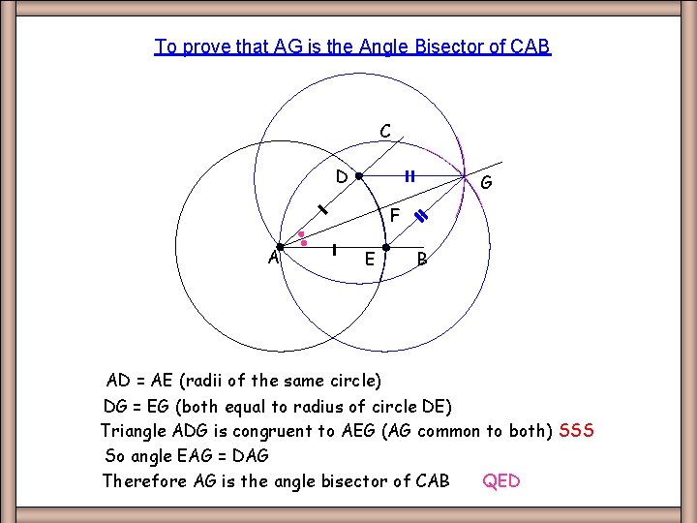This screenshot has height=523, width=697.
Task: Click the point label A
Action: [274, 258]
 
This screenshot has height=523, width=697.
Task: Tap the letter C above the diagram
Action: [385, 131]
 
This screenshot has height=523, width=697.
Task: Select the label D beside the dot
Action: [341, 177]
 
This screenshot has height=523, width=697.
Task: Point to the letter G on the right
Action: [486, 183]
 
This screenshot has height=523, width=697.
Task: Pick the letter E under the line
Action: [370, 259]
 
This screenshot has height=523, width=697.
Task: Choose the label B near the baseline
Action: [422, 259]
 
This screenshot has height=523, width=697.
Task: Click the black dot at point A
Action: [280, 247]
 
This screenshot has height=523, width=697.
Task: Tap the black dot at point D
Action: [358, 177]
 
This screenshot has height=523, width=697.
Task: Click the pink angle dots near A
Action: [303, 238]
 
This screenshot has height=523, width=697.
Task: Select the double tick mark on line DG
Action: [409, 176]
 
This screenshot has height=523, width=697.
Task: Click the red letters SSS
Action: [576, 430]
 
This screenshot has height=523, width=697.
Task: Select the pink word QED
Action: [501, 481]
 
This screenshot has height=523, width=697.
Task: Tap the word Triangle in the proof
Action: [134, 430]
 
